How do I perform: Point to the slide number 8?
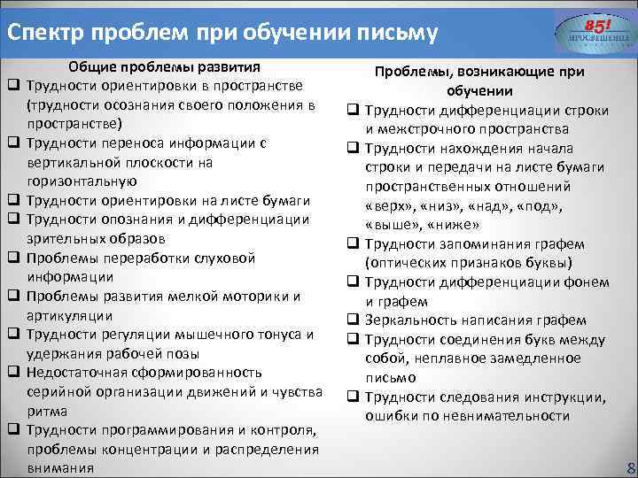click(630, 467)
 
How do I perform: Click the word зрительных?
click(60, 238)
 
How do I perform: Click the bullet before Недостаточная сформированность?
click(14, 373)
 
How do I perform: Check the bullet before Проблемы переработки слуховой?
click(14, 258)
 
